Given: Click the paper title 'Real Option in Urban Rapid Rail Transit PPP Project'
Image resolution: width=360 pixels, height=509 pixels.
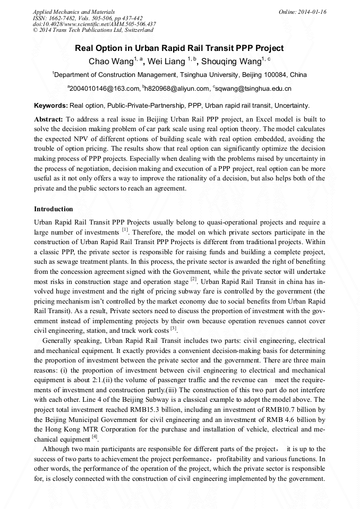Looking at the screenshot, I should pos(179,48).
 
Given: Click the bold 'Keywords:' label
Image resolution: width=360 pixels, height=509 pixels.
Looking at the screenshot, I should pos(50,106).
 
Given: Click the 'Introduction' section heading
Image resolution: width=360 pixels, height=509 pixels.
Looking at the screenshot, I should pos(54,209).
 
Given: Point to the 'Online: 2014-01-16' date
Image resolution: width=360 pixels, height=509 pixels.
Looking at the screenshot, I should pos(302,12).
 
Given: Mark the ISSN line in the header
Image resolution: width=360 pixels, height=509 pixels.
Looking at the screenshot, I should pos(87,18).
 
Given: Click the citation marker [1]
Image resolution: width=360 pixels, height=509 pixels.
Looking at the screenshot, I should pos(125,230).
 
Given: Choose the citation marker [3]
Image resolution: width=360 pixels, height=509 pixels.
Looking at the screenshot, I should pos(173,329).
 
